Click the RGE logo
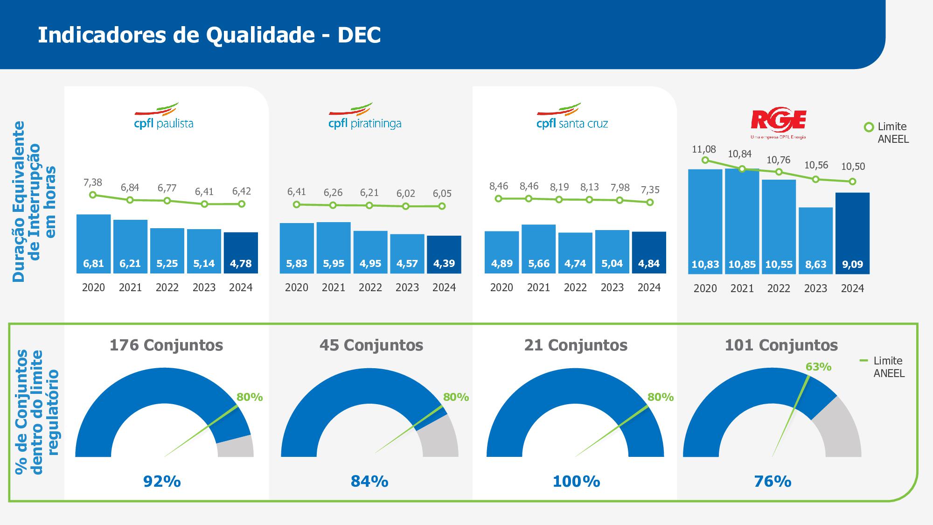coord(778,123)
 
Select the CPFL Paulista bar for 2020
coord(93,244)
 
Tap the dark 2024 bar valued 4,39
coord(444,254)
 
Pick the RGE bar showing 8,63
coord(815,240)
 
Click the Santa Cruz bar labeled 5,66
coord(538,249)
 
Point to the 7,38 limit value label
coord(92,182)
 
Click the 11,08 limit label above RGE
coord(703,149)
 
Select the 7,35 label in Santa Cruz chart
coord(650,190)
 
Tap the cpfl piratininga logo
coord(364,116)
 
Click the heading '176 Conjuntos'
coord(166,345)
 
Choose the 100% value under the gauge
coord(576,481)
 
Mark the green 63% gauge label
coord(818,367)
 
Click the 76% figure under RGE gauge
coord(773,481)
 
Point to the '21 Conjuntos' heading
coord(576,345)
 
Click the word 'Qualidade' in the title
coord(260,35)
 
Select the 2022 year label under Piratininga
coord(370,287)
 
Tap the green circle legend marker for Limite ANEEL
coord(869,127)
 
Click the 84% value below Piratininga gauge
coord(369,481)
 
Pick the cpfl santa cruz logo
coord(572,116)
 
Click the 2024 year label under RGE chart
coord(852,288)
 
